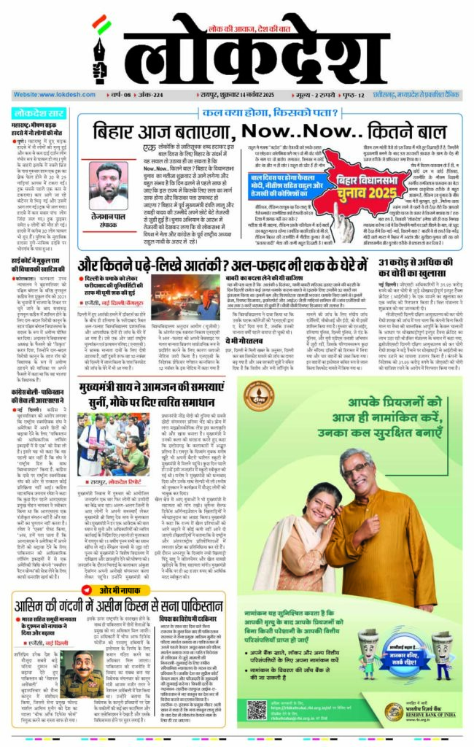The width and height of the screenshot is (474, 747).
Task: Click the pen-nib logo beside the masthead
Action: point(100,50)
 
